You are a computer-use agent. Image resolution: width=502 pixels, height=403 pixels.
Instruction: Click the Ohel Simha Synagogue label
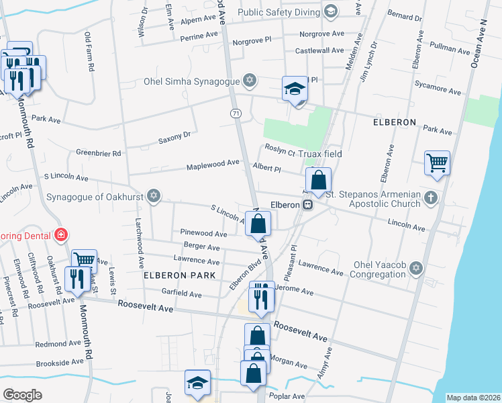pos(191,82)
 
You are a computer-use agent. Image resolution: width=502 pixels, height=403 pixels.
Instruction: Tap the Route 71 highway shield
pos(236,114)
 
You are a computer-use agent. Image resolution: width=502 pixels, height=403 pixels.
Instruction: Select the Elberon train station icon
pos(307,205)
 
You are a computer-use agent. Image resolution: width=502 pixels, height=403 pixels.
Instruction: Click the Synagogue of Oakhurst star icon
pos(154,196)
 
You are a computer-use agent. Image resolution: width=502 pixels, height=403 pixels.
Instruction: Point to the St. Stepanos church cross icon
pos(430,197)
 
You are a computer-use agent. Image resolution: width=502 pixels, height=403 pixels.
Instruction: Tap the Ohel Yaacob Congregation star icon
pos(416,269)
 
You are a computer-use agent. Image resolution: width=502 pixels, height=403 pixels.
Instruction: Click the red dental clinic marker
pos(61,234)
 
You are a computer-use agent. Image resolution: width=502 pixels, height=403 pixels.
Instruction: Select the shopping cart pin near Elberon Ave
pos(437,162)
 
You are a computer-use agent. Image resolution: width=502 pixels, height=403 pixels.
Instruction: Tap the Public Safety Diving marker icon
pos(330,11)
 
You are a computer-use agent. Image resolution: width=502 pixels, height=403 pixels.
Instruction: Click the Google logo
pos(22,395)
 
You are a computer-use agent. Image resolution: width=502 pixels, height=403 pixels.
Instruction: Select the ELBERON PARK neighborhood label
pos(179,275)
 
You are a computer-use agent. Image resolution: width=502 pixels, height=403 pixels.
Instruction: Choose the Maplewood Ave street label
pos(213,163)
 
